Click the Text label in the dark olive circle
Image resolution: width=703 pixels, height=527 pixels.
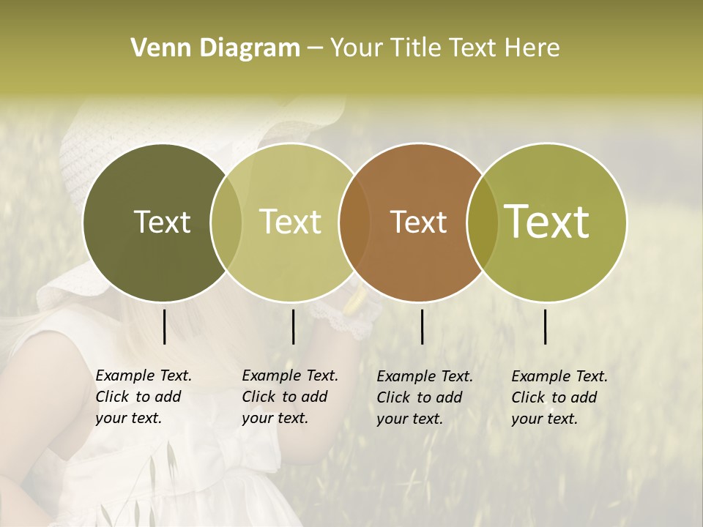click(162, 222)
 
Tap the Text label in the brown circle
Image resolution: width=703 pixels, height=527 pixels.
click(418, 222)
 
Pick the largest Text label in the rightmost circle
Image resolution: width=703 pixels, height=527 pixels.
click(547, 221)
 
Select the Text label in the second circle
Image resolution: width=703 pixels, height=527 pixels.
click(290, 222)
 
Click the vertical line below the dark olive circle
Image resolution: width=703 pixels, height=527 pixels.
click(164, 326)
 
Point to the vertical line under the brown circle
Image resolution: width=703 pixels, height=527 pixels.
click(423, 326)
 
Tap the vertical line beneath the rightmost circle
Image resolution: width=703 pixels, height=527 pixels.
click(546, 326)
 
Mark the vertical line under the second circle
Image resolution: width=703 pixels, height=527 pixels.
click(294, 326)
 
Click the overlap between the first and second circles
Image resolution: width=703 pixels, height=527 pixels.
click(226, 222)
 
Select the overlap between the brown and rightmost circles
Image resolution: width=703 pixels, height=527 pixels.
click(483, 222)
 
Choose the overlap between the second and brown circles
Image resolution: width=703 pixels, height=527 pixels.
click(353, 222)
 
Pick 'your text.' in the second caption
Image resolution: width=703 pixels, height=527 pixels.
click(275, 418)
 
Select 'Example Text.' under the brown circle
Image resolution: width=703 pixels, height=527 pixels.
click(425, 376)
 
